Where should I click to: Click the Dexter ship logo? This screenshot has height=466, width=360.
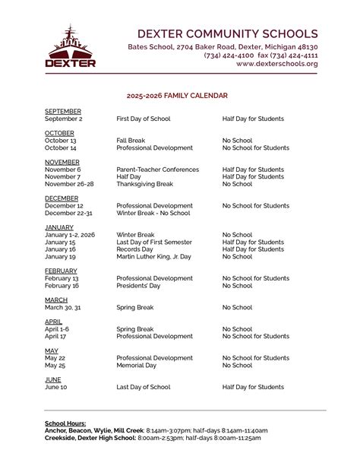[71, 46]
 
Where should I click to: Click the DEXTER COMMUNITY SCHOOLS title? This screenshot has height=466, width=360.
[226, 33]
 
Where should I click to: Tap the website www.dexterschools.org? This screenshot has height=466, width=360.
[276, 64]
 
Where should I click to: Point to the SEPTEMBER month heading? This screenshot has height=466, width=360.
[62, 112]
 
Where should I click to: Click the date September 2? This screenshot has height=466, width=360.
[63, 119]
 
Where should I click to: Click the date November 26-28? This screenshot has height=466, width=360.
[69, 184]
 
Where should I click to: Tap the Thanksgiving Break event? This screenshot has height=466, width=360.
[145, 184]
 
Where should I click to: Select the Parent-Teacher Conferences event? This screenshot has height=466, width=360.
[157, 170]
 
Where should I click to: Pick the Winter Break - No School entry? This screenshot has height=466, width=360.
[153, 213]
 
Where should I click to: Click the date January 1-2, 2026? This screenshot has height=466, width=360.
[71, 235]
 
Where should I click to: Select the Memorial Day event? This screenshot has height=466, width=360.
[136, 365]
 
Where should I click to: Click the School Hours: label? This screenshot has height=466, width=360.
[65, 423]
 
